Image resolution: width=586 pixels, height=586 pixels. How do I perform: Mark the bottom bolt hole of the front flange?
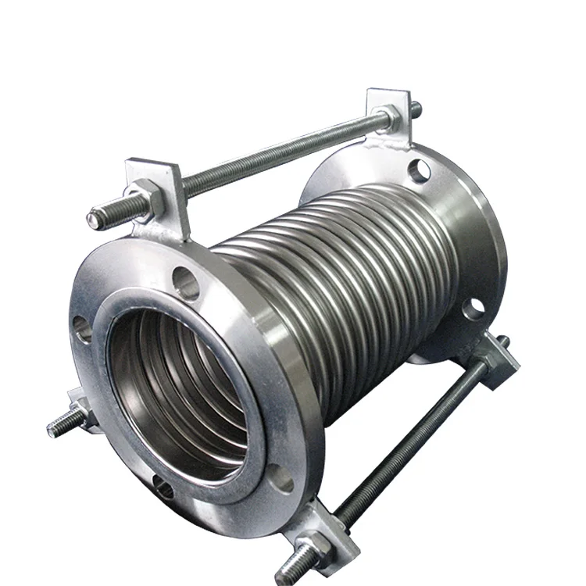coord(163,488)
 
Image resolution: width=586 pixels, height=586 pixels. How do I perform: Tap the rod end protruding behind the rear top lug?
coord(416,109)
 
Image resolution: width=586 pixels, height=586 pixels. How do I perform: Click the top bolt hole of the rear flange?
coord(420,169)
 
